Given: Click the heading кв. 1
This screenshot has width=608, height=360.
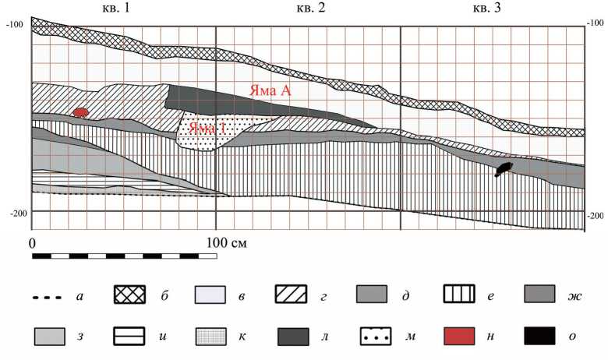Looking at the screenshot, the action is point(116,8).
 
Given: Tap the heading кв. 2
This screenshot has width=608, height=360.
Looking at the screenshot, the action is point(311,8).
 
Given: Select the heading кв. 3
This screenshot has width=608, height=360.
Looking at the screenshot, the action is point(486,8).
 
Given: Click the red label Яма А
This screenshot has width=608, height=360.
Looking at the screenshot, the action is point(270,90).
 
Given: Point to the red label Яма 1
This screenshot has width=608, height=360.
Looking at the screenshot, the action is point(207,128).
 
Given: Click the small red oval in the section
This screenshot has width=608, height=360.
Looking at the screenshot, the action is point(80,112).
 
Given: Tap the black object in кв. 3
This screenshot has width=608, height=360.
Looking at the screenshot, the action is point(504,169).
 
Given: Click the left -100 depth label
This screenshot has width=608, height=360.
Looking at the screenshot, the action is point(14,24).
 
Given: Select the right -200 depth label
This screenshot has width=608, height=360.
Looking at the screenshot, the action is point(596,216).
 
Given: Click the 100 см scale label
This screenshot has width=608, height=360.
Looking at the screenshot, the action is point(227,243).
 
